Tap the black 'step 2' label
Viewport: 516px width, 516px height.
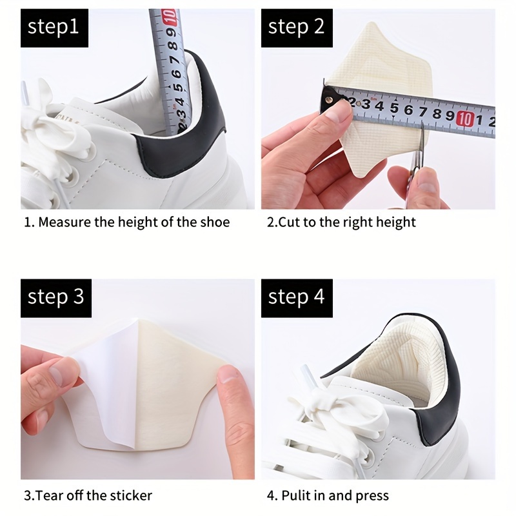[296, 27]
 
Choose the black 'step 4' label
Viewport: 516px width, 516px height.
[296, 298]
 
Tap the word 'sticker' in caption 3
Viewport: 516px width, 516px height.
[130, 496]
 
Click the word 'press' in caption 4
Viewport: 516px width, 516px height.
[373, 496]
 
